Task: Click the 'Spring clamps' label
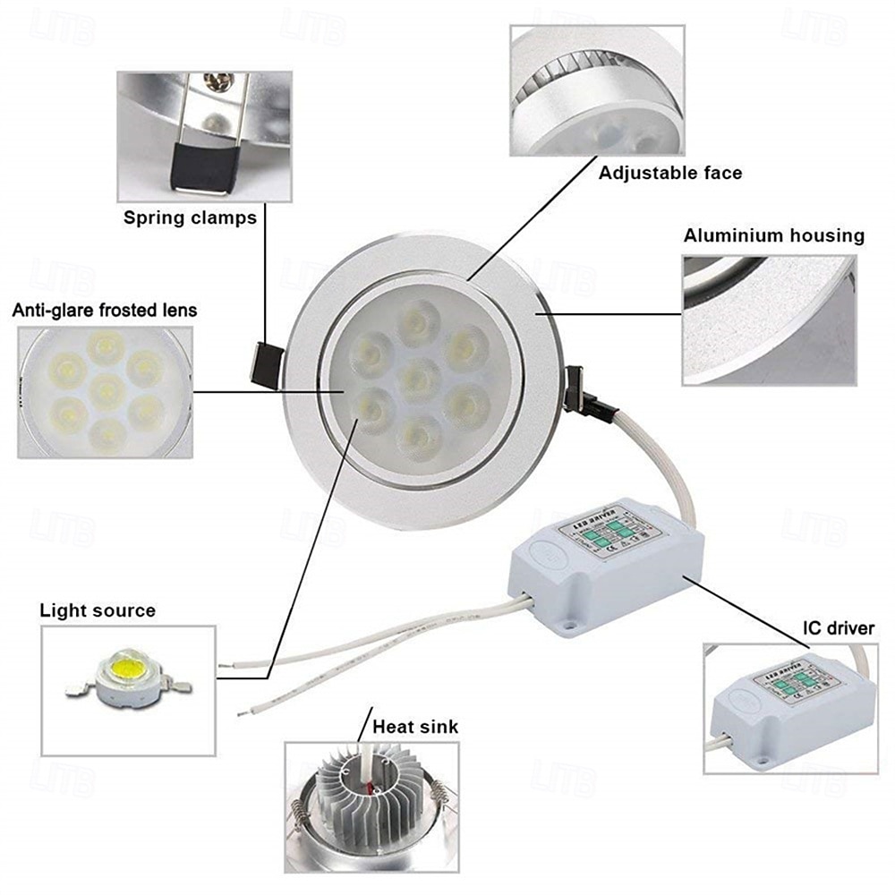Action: click(x=190, y=217)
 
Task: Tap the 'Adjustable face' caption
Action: click(x=670, y=173)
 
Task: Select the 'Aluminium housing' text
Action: click(x=774, y=236)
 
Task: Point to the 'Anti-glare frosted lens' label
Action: click(x=105, y=311)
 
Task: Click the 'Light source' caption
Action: click(x=98, y=611)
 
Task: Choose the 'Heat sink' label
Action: click(x=415, y=727)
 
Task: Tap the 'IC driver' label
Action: click(x=839, y=628)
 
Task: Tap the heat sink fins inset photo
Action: click(x=371, y=805)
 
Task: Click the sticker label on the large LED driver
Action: click(x=609, y=536)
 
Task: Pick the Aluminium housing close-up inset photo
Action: click(x=769, y=320)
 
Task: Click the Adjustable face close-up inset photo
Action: click(x=597, y=89)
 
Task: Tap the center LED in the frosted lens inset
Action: click(x=107, y=390)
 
